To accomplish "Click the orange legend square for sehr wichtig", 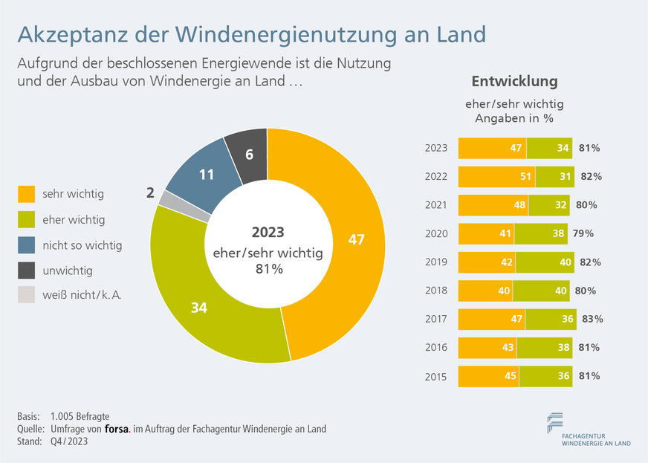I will tap(26, 195).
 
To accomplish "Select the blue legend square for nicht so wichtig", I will tap(26, 245).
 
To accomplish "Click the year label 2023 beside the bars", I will tap(436, 148).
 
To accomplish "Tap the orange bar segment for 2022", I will tap(496, 176).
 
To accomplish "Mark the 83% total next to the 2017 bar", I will tap(592, 319).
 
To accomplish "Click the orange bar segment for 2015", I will tap(487, 376).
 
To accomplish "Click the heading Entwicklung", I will tap(514, 82).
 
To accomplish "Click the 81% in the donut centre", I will tap(268, 269).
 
